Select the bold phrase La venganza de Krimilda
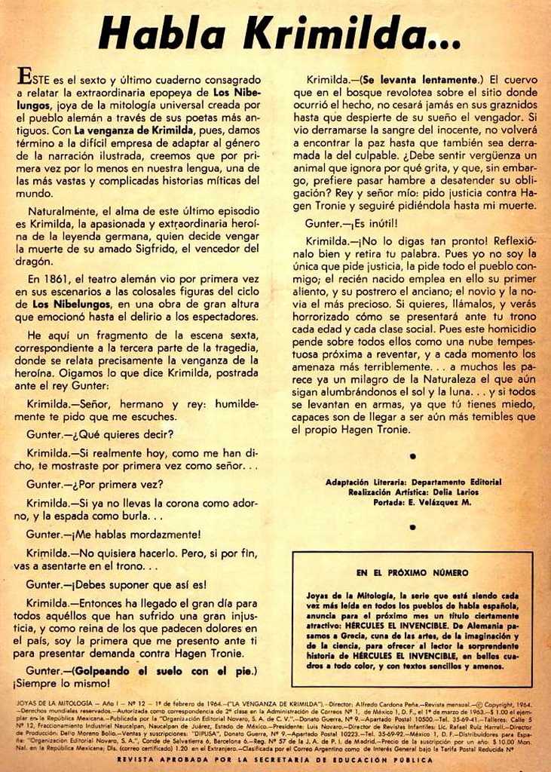134,130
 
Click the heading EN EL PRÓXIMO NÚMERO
412,572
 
